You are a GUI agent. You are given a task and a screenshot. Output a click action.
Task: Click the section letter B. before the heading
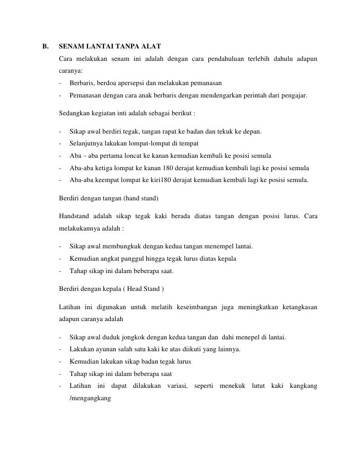click(x=45, y=48)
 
